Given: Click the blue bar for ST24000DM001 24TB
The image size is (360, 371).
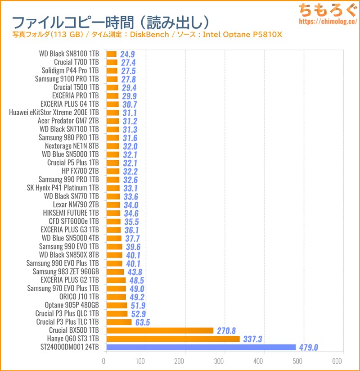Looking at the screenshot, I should pos(201,347).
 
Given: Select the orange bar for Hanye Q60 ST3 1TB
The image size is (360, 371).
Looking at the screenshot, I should pos(173,339).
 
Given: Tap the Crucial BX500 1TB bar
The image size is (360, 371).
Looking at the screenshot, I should pos(160,330).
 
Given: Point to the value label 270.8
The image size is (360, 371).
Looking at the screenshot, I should pos(226,330).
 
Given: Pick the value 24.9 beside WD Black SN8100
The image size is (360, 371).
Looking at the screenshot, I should pos(127,54).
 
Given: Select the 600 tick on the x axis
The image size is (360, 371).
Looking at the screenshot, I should pos(337,361).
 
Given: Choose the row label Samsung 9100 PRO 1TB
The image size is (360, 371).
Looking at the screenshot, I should pos(67,79).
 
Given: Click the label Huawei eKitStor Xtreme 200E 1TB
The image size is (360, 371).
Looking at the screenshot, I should pos(54,113).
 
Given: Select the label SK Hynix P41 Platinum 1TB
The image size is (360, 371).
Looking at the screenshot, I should pos(63,188).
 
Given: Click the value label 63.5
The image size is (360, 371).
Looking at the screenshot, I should pos(142,322).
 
